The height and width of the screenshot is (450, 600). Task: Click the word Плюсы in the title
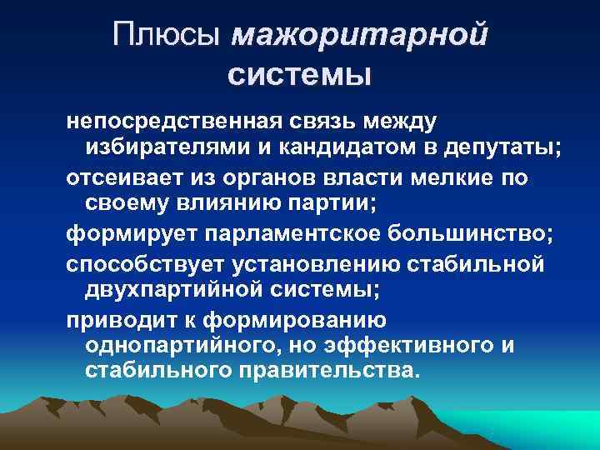tap(169, 36)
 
